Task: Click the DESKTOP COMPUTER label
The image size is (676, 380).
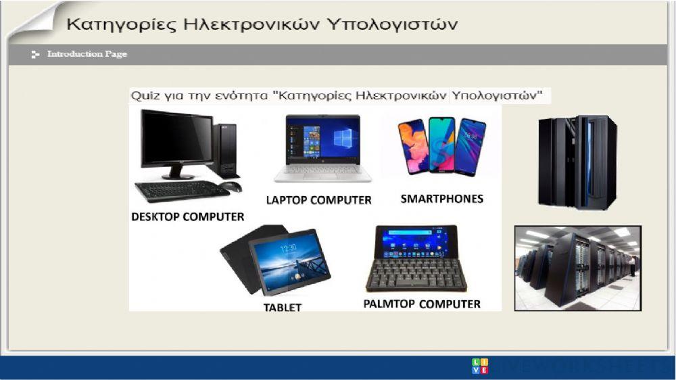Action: [x=187, y=217]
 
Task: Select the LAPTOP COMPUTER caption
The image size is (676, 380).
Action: [x=318, y=200]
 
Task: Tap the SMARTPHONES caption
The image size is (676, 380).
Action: [x=441, y=199]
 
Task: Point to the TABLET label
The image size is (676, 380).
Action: [x=283, y=308]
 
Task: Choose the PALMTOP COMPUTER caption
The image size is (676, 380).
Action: [x=422, y=304]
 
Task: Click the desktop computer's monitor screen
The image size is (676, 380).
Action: [x=177, y=139]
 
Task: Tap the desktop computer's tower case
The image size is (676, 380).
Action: [x=225, y=150]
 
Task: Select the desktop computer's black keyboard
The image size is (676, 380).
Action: [x=182, y=191]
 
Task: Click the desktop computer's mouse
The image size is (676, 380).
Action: [x=231, y=187]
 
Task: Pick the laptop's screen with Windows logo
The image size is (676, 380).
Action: [x=322, y=140]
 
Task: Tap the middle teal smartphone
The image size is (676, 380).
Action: [x=441, y=144]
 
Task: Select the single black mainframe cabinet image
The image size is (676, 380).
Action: [x=577, y=162]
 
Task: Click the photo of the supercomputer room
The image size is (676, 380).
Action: [x=578, y=268]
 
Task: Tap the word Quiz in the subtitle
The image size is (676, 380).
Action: [x=144, y=95]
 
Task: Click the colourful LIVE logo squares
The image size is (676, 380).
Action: [x=479, y=366]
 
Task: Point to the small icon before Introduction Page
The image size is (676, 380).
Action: [x=35, y=54]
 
